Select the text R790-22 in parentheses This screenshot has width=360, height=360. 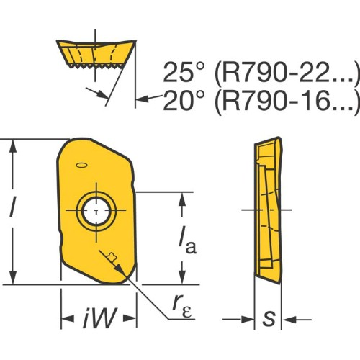coord(287,72)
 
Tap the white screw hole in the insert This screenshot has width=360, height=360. coord(96,211)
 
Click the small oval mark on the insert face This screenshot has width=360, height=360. coord(81,166)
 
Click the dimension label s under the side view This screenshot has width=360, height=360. coord(269,319)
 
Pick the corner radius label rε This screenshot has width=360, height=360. coord(182,306)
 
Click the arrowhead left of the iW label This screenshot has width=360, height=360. coord(68,318)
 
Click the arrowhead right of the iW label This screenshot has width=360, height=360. coord(130,318)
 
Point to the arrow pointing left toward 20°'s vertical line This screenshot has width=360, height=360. coord(149,98)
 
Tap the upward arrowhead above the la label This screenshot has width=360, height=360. coord(182,199)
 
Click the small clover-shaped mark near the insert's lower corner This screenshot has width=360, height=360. coord(112,257)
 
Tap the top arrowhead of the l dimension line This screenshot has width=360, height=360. coord(13,145)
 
